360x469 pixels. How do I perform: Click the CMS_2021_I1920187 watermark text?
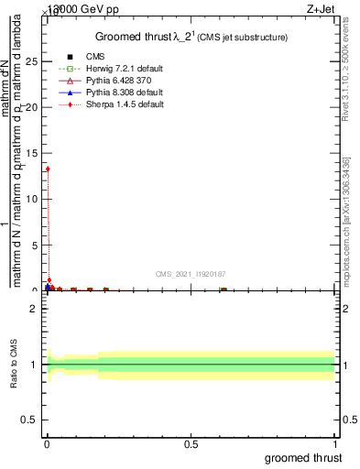(x=190, y=273)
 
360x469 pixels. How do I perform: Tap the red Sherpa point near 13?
(x=48, y=169)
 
